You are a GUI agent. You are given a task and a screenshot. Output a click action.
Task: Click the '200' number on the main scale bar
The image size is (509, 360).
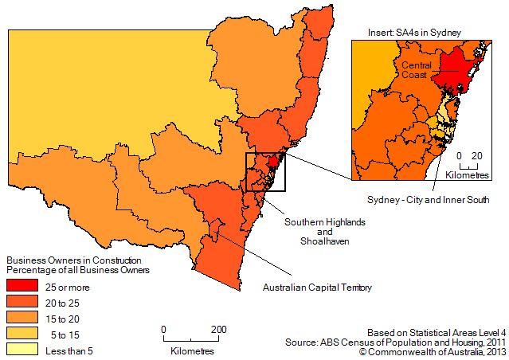click(x=218, y=329)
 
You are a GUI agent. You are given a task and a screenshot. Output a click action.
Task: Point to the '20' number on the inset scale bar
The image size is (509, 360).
click(x=476, y=155)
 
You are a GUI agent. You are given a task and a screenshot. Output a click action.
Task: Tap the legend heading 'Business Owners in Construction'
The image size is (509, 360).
click(x=73, y=260)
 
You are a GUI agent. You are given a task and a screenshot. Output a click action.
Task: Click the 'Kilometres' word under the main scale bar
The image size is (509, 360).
click(x=190, y=350)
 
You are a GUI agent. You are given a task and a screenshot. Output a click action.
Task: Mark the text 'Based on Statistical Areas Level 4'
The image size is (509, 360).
click(x=436, y=331)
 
